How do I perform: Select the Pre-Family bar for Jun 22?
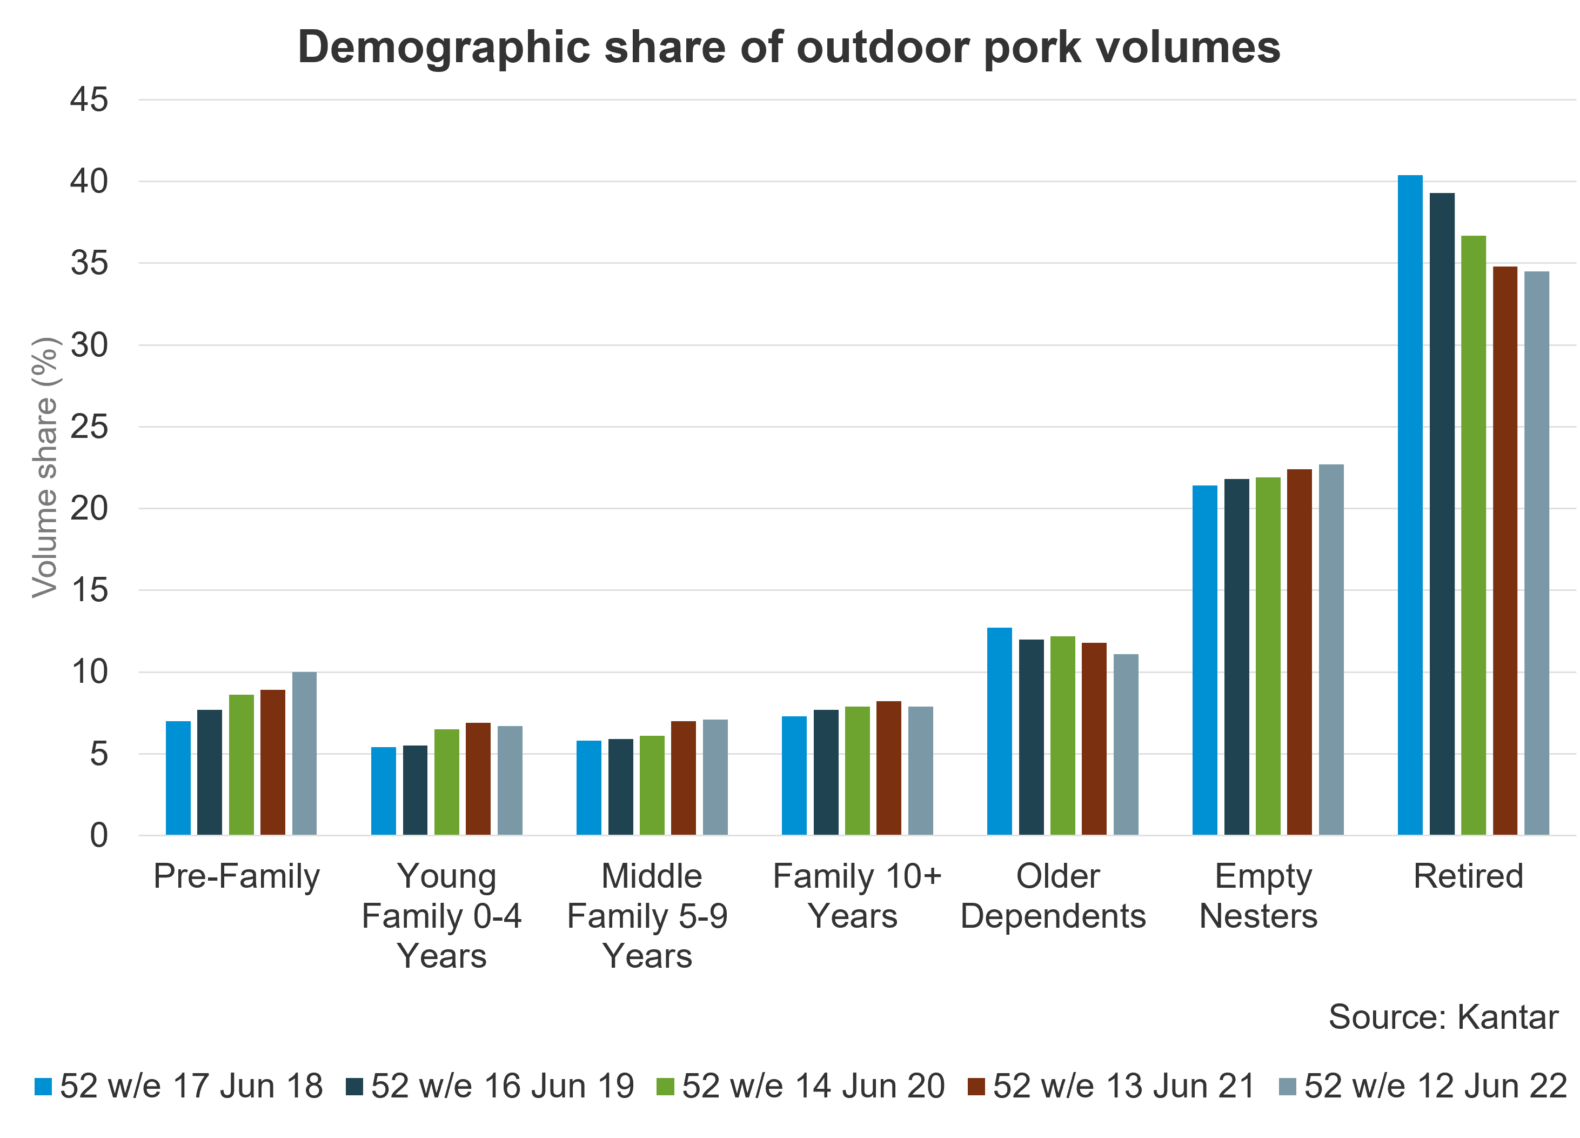[x=304, y=753]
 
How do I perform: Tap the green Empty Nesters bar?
[x=1268, y=656]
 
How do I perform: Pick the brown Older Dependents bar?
[x=1094, y=738]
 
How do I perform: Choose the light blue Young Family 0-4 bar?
[x=383, y=791]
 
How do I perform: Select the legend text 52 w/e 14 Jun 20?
[x=813, y=1086]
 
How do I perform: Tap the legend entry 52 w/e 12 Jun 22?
[x=1435, y=1086]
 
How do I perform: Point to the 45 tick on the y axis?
[x=89, y=99]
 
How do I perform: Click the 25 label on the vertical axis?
[x=89, y=427]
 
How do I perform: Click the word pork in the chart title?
[x=1033, y=48]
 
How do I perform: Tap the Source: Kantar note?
[x=1443, y=1017]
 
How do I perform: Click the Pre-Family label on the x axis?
[x=237, y=876]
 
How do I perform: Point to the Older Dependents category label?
[x=1053, y=895]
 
